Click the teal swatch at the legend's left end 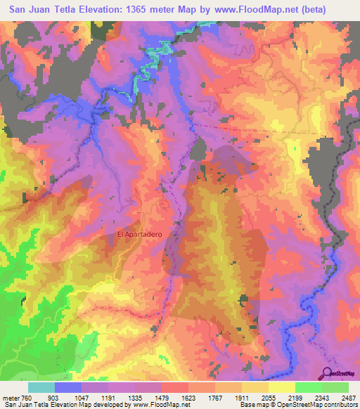[41, 387]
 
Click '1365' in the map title [137, 8]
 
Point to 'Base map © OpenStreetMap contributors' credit [297, 404]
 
